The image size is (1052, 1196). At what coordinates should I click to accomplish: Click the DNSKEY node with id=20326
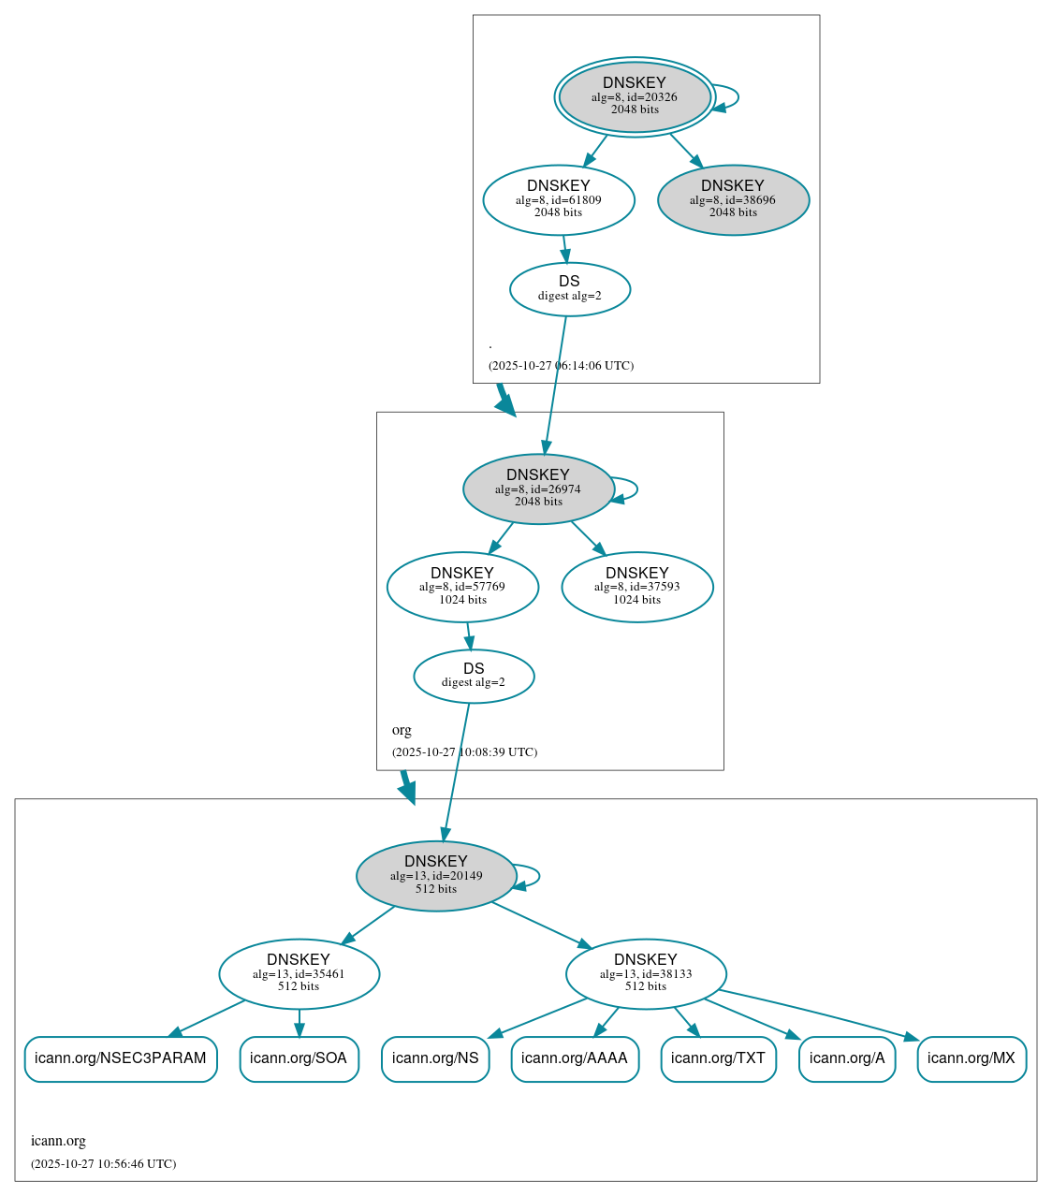click(x=635, y=96)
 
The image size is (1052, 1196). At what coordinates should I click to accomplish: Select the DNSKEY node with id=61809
click(x=559, y=199)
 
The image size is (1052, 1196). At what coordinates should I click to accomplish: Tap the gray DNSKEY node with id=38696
click(x=733, y=199)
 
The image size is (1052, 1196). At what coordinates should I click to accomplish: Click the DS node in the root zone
click(x=569, y=288)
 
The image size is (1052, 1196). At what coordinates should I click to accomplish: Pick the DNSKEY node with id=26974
click(x=538, y=489)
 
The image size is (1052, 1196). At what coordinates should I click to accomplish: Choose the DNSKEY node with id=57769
click(x=462, y=587)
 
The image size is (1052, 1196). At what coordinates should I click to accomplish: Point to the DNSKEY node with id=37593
click(x=636, y=587)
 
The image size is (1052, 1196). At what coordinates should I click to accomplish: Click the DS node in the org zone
click(x=474, y=676)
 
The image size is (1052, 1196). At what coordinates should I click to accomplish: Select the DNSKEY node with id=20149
click(x=436, y=875)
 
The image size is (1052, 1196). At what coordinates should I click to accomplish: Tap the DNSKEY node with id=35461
click(x=299, y=973)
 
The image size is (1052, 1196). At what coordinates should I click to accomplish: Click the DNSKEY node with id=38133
click(x=646, y=973)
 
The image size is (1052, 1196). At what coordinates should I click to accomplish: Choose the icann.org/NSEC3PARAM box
click(x=121, y=1058)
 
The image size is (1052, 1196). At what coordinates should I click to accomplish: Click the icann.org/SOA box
click(x=299, y=1058)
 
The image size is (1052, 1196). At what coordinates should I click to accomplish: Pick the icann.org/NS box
click(x=435, y=1058)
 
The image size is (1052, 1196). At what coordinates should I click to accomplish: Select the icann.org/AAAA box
click(x=575, y=1058)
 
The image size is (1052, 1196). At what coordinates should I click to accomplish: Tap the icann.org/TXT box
click(x=718, y=1058)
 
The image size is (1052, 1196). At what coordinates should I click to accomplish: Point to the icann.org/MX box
click(x=972, y=1058)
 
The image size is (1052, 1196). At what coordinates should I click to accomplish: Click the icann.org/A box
click(x=847, y=1058)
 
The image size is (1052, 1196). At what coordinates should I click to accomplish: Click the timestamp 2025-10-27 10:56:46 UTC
click(x=103, y=1164)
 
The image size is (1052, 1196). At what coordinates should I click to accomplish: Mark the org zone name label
click(x=402, y=730)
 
